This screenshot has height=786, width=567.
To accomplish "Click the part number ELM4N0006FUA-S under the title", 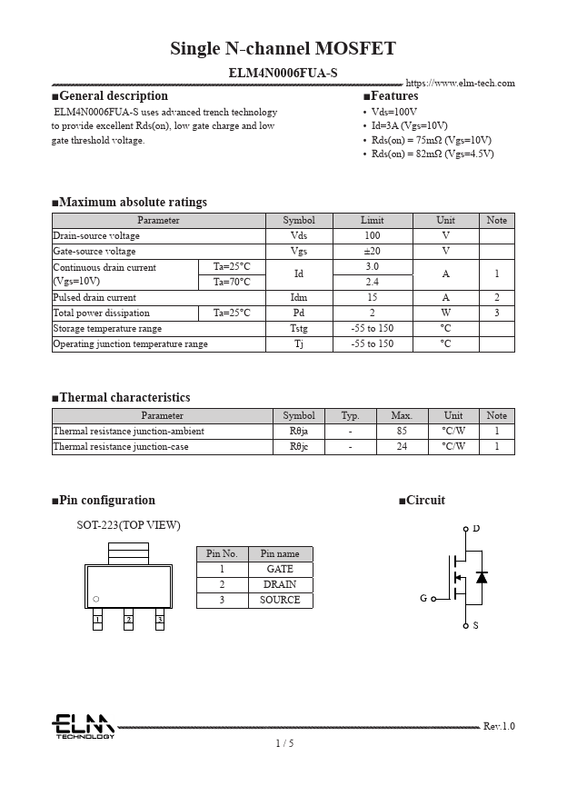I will [283, 70].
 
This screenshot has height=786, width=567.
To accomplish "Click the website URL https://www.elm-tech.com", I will [460, 83].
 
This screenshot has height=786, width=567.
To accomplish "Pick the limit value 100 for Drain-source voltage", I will [372, 235].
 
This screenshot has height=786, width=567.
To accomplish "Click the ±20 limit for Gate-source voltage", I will [372, 251].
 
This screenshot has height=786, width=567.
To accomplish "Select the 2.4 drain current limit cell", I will [372, 282].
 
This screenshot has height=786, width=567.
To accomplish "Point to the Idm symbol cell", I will [298, 297].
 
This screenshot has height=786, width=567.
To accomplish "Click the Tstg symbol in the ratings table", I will [298, 328].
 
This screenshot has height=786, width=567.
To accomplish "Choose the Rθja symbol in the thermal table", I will [298, 431].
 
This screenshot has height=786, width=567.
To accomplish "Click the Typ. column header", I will [350, 415].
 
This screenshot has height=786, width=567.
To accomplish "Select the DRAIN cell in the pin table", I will [279, 584].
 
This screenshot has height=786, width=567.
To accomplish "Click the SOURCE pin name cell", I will [279, 600].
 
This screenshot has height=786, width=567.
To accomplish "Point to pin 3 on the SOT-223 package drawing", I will [159, 620].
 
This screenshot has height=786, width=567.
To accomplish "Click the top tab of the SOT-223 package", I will [128, 552].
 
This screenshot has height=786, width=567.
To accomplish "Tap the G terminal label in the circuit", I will [423, 599].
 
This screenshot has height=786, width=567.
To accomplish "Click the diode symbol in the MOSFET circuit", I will [482, 577].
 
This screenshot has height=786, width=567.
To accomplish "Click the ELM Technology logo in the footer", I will [82, 726].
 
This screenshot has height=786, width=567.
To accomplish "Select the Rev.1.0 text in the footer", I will [499, 726].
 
